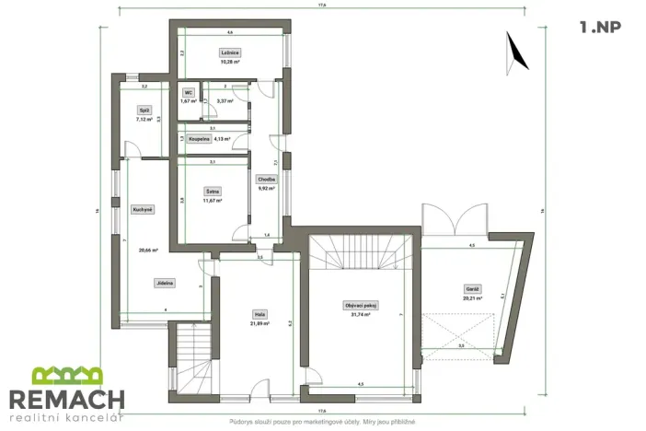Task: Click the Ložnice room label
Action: click(x=230, y=52)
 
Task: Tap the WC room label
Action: click(x=188, y=93)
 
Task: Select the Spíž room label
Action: click(x=144, y=110)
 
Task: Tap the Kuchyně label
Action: click(x=143, y=209)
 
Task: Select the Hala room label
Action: click(x=260, y=314)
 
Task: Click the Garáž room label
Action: click(x=471, y=289)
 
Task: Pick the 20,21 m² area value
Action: click(x=471, y=298)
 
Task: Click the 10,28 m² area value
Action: click(x=230, y=62)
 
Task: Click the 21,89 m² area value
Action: click(x=260, y=323)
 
